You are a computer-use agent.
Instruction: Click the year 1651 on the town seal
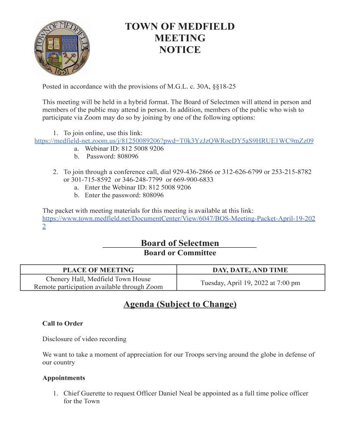click(62, 70)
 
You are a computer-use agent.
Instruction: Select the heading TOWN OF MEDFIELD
click(180, 27)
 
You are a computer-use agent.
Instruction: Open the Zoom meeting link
click(174, 141)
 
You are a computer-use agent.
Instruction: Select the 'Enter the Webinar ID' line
click(138, 187)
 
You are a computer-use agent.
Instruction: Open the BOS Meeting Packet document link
click(178, 219)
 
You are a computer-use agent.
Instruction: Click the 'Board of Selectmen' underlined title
click(180, 243)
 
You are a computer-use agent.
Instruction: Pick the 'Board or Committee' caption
click(180, 253)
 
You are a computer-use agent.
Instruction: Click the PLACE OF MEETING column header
click(98, 270)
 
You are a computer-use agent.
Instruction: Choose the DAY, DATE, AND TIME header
click(250, 270)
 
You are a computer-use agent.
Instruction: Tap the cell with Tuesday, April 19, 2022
click(250, 283)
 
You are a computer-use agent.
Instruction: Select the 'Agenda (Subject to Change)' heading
click(180, 304)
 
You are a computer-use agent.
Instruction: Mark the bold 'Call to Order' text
click(63, 324)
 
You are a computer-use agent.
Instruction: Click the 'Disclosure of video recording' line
click(85, 339)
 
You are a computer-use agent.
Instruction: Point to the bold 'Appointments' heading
click(63, 378)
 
